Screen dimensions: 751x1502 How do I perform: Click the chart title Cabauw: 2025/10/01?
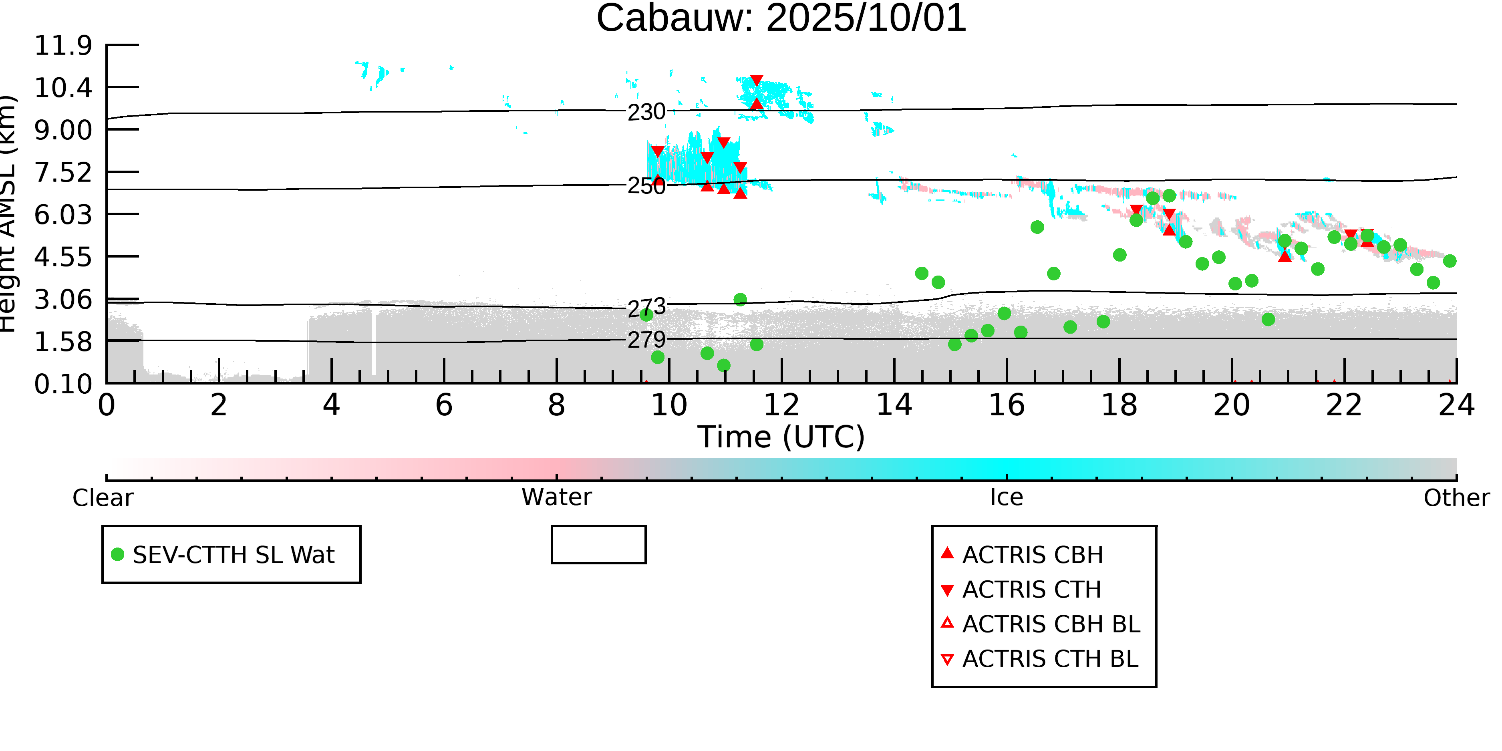coord(781,19)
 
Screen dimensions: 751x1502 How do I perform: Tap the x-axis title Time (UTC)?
coord(781,437)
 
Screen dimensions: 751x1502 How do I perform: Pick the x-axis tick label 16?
coord(1007,405)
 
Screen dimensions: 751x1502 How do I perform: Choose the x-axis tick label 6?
coord(444,405)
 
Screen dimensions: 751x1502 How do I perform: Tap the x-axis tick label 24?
coord(1456,405)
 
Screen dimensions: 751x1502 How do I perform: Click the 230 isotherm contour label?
coord(646,112)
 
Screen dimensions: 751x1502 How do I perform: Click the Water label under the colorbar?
coord(557,497)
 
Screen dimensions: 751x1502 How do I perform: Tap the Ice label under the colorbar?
coord(1007,497)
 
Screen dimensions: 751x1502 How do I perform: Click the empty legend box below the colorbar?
coord(598,545)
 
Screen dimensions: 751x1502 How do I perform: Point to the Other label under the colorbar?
coord(1456,498)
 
